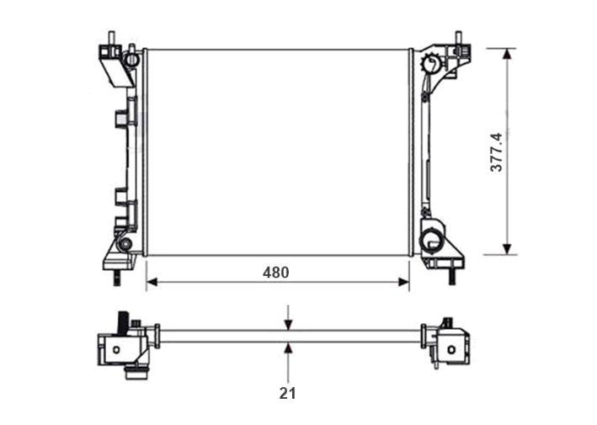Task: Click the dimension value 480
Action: coord(275,273)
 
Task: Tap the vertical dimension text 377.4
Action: coord(497,152)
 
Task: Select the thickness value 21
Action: coord(287,393)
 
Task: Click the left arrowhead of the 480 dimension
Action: coord(152,282)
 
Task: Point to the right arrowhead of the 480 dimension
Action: coord(404,282)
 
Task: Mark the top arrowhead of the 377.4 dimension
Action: coord(506,54)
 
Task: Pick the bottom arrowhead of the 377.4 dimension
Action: coord(506,249)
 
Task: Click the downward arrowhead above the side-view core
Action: coord(288,325)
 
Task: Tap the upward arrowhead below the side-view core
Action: coord(288,348)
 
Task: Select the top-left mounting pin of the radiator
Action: coord(111,38)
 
